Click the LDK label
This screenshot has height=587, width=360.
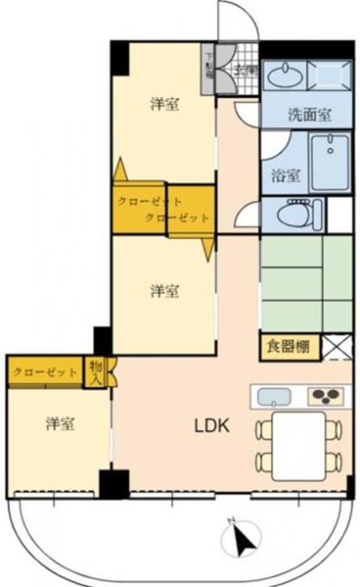[211, 427]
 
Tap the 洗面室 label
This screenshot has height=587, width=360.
[308, 113]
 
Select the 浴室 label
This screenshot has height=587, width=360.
[286, 175]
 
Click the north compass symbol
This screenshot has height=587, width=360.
[242, 538]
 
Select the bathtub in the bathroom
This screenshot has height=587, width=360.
[330, 162]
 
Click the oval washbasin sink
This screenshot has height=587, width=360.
[284, 76]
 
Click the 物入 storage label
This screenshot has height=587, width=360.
[95, 371]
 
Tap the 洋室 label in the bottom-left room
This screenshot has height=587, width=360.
[59, 423]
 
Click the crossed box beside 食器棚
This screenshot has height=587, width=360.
[337, 345]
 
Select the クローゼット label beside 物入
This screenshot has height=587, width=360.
[45, 372]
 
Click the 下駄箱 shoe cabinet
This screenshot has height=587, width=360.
[209, 69]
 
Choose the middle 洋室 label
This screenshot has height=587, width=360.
[164, 291]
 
